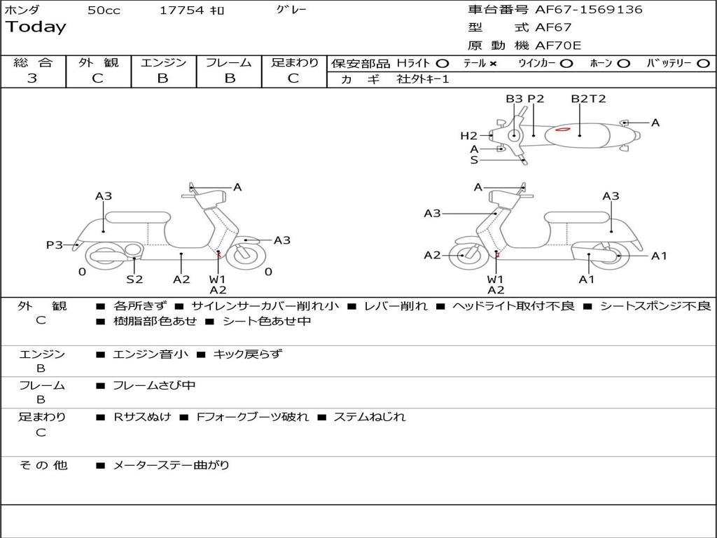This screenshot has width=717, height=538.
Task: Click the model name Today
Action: tap(36, 27)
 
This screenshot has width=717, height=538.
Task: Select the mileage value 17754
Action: tap(181, 11)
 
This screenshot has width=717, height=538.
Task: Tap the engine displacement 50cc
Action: tap(104, 11)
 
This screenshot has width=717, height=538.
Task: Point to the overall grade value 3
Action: tap(32, 78)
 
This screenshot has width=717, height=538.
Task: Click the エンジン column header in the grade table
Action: tap(163, 62)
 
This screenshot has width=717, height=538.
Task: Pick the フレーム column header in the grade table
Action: tap(228, 62)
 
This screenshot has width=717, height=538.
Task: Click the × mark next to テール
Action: tap(493, 63)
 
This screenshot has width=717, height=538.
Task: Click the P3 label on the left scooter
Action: tap(55, 244)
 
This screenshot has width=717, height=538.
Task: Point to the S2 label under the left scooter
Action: tap(134, 280)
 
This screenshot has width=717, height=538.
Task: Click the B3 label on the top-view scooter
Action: tap(514, 99)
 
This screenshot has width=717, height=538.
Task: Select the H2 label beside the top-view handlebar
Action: tap(468, 136)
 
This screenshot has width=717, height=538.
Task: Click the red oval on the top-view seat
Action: tap(564, 130)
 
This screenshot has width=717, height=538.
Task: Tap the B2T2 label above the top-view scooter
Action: tap(588, 99)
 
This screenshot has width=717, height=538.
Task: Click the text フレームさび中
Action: tap(154, 385)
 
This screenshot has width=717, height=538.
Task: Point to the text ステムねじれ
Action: tap(368, 418)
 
